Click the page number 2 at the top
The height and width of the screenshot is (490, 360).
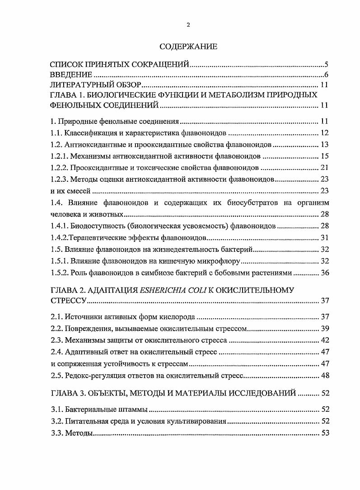(x=188, y=25)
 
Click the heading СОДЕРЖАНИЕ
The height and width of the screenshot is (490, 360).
(x=188, y=47)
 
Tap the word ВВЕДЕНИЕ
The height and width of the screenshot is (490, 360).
(x=71, y=75)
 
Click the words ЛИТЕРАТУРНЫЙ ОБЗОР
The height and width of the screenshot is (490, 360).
(x=96, y=85)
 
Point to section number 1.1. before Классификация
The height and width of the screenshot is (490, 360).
(x=56, y=133)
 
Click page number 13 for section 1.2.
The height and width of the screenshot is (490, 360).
(x=324, y=145)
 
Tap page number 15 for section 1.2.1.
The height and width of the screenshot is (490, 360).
(x=324, y=157)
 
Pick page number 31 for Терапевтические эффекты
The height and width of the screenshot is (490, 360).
(x=324, y=238)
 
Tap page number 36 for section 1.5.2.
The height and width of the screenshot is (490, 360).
(x=324, y=273)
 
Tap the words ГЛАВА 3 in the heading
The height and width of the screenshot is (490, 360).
(x=67, y=393)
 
